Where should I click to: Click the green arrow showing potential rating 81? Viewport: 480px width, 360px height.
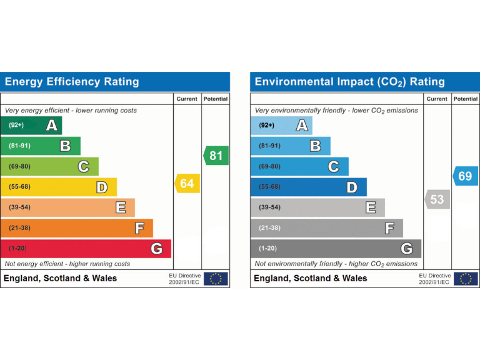[x=216, y=156]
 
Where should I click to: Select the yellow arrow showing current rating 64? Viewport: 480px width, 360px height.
[x=187, y=183]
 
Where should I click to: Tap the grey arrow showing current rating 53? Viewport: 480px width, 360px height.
[x=437, y=200]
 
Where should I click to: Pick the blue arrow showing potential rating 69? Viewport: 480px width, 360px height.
[x=465, y=176]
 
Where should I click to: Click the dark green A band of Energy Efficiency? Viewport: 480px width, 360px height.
[x=31, y=126]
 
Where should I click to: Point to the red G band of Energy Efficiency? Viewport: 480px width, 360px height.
[x=86, y=249]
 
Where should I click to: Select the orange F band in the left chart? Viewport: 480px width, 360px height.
[x=76, y=228]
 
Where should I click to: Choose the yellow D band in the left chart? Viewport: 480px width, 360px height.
[x=58, y=187]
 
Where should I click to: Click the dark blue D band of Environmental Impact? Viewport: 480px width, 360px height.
[x=309, y=187]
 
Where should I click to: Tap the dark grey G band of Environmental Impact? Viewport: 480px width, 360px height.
[x=336, y=249]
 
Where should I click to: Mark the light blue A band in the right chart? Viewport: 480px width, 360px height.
[x=281, y=126]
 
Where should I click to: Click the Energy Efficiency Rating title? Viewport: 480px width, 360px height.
[x=72, y=82]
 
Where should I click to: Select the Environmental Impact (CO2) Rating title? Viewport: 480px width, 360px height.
[x=350, y=82]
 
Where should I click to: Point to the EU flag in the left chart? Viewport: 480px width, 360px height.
[x=216, y=279]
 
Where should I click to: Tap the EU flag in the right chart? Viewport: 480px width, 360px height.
[x=466, y=279]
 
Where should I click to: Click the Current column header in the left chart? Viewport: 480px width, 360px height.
[x=187, y=99]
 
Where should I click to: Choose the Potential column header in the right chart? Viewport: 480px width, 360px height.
[x=466, y=99]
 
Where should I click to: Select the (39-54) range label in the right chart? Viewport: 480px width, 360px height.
[x=270, y=207]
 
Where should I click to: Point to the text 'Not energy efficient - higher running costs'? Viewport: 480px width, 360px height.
[x=67, y=264]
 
